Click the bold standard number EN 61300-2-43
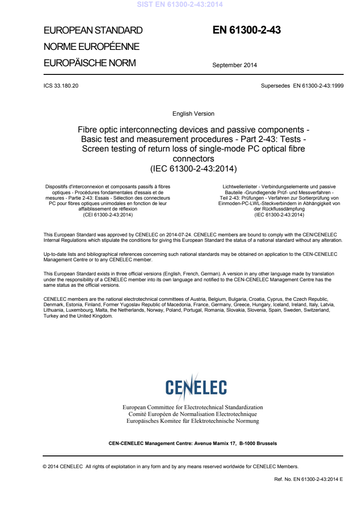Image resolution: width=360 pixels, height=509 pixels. point(247,30)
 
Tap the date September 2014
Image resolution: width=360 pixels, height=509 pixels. point(234,65)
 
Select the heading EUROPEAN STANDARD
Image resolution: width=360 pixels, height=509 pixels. point(93,31)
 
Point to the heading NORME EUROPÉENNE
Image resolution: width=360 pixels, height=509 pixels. point(91,47)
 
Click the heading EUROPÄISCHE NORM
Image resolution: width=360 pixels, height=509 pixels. point(89,63)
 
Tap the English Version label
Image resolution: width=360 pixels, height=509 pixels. point(193,113)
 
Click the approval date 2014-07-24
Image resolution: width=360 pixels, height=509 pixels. point(185,234)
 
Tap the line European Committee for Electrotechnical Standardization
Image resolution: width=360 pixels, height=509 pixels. point(192,407)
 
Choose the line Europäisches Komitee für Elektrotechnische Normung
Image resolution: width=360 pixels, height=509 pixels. point(192,421)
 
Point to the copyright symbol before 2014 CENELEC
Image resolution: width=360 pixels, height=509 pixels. point(44,466)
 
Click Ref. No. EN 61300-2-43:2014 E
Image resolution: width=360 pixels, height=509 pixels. point(306,479)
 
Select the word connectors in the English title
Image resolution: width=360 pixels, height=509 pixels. point(193,159)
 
